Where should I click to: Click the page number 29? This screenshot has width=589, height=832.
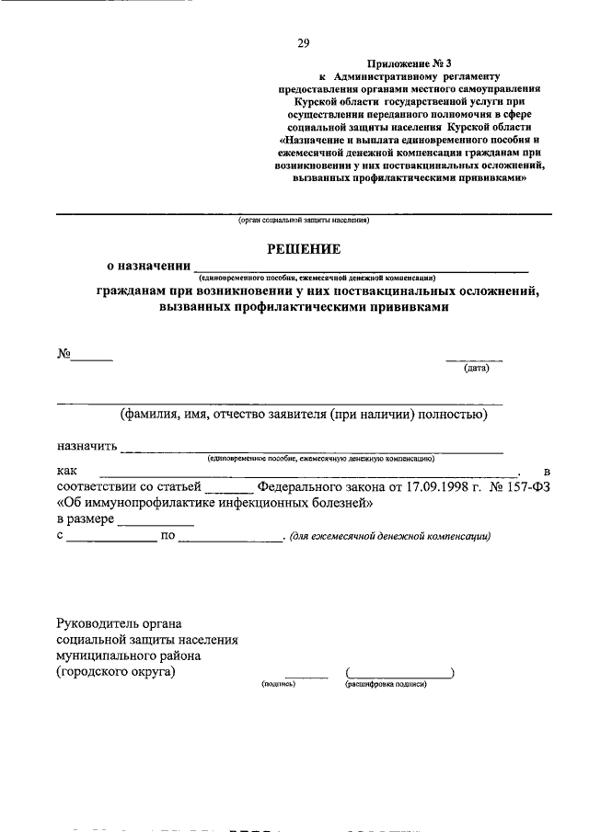(x=304, y=42)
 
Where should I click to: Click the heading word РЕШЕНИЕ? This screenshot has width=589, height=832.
(x=304, y=248)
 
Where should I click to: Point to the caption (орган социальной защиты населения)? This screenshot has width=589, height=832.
(x=303, y=221)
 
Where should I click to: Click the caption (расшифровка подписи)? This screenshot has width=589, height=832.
(x=387, y=684)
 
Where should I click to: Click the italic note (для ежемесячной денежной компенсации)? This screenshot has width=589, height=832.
(x=390, y=537)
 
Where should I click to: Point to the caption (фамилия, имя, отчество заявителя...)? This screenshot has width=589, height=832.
(x=303, y=415)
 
